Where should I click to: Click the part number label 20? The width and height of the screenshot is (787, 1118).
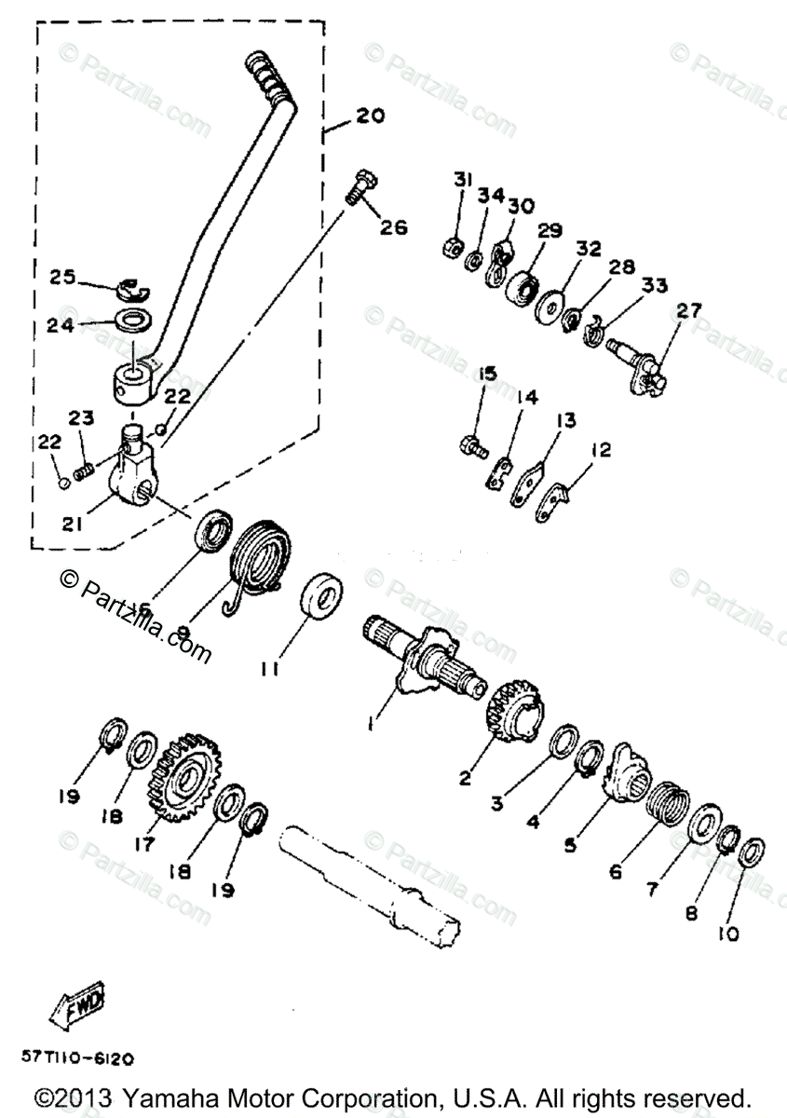(x=370, y=116)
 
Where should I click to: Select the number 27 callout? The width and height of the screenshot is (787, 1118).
(x=690, y=311)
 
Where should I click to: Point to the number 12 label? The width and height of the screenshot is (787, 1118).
(x=601, y=450)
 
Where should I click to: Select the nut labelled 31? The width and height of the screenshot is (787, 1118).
(x=447, y=250)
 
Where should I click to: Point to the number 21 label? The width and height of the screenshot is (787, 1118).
(x=73, y=524)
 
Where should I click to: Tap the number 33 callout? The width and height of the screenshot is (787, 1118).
(x=655, y=286)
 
